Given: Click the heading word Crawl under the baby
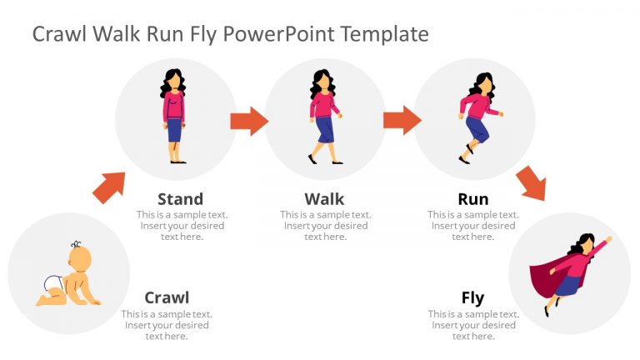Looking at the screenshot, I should click(167, 297).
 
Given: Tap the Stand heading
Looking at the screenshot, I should click(180, 198).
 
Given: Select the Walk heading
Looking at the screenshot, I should click(324, 198).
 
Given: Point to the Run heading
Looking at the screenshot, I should click(472, 198).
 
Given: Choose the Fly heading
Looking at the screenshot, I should click(472, 297).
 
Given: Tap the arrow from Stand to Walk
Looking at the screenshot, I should click(248, 120).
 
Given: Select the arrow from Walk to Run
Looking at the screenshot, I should click(402, 120).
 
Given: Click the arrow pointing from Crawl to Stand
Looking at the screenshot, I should click(109, 187).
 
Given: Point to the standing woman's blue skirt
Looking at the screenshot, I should click(174, 130).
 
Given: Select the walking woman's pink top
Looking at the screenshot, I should click(322, 105).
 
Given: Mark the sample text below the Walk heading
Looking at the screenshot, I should click(324, 226).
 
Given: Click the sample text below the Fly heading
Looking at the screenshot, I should click(472, 325).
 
